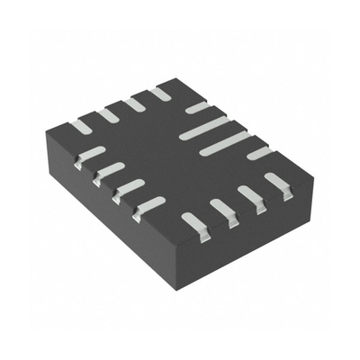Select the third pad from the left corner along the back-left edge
(134, 103)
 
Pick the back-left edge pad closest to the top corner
(160, 93)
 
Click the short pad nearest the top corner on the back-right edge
(197, 108)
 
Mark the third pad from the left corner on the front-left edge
(130, 187)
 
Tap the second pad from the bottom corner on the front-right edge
(221, 208)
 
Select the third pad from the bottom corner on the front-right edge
(249, 195)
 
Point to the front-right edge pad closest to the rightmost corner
(275, 183)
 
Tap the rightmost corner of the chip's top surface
(296, 164)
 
